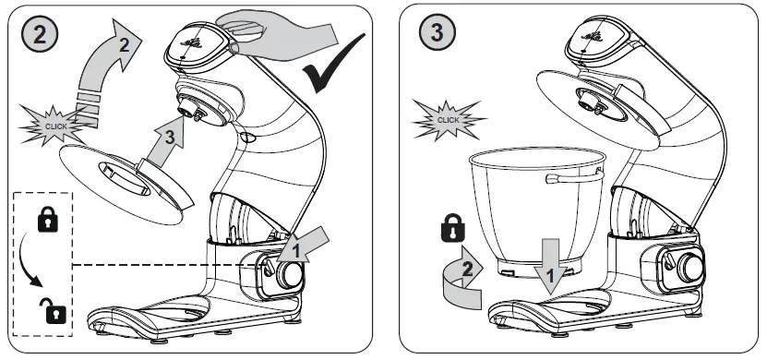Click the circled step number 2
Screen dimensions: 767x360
40,35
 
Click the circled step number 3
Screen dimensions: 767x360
437,32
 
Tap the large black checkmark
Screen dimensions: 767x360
334,63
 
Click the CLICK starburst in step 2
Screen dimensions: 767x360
54,126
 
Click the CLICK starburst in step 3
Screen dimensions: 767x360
449,120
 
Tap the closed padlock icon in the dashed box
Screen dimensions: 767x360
48,219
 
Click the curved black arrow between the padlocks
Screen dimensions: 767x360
29,260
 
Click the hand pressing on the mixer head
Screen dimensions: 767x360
279,32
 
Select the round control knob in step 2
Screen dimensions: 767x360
290,275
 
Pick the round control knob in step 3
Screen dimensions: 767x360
691,267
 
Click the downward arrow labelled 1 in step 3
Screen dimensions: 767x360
551,267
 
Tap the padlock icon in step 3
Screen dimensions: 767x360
453,228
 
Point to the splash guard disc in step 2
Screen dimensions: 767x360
126,184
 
